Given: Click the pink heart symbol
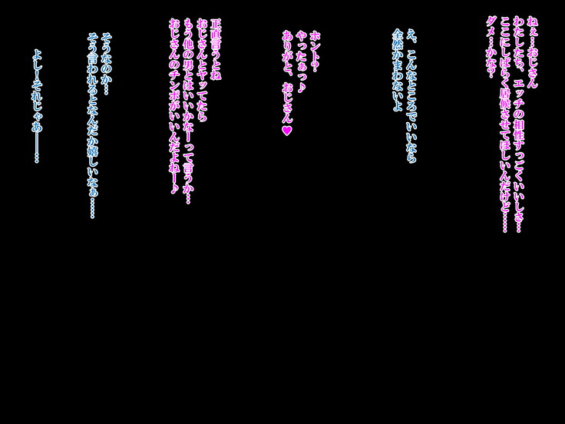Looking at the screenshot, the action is coord(287,131).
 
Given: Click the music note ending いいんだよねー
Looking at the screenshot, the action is coord(174,188).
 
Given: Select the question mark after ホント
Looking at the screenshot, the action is coord(315,67).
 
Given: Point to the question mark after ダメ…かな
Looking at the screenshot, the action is coord(490,73).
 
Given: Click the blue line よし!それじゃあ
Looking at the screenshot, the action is coord(37,107).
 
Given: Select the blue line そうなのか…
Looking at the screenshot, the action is coord(107,65).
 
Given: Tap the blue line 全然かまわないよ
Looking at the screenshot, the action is coord(397,70).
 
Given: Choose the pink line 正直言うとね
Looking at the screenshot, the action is coord(216,49).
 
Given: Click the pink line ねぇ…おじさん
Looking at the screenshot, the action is coord(532,52).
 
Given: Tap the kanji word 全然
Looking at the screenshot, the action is coord(397,39).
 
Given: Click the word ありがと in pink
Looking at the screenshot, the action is coord(287,54).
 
